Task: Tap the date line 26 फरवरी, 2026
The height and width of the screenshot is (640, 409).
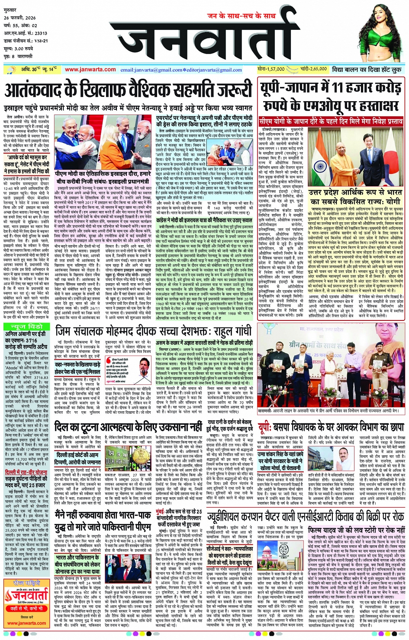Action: (x=20, y=18)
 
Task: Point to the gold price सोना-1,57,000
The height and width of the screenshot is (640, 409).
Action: (x=271, y=69)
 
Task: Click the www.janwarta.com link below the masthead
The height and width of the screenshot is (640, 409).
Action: (x=90, y=69)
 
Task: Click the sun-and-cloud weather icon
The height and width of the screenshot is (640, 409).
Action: (x=10, y=69)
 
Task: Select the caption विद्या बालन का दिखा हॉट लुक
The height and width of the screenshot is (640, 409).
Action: (x=367, y=70)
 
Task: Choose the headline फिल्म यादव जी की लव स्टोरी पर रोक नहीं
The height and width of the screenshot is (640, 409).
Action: (x=357, y=530)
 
